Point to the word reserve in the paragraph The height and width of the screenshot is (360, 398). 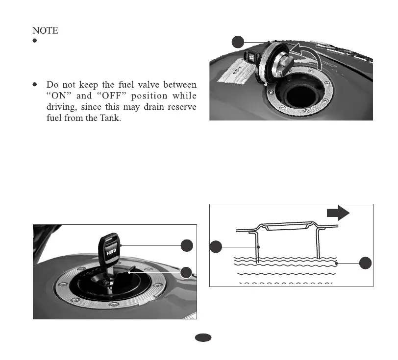(181, 107)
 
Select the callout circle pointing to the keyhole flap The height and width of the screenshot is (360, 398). (186, 272)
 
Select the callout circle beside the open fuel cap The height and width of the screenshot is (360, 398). (238, 42)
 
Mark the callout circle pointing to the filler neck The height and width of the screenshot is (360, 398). (216, 248)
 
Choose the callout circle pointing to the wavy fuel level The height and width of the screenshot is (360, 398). (365, 263)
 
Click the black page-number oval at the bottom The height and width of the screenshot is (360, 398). (203, 338)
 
